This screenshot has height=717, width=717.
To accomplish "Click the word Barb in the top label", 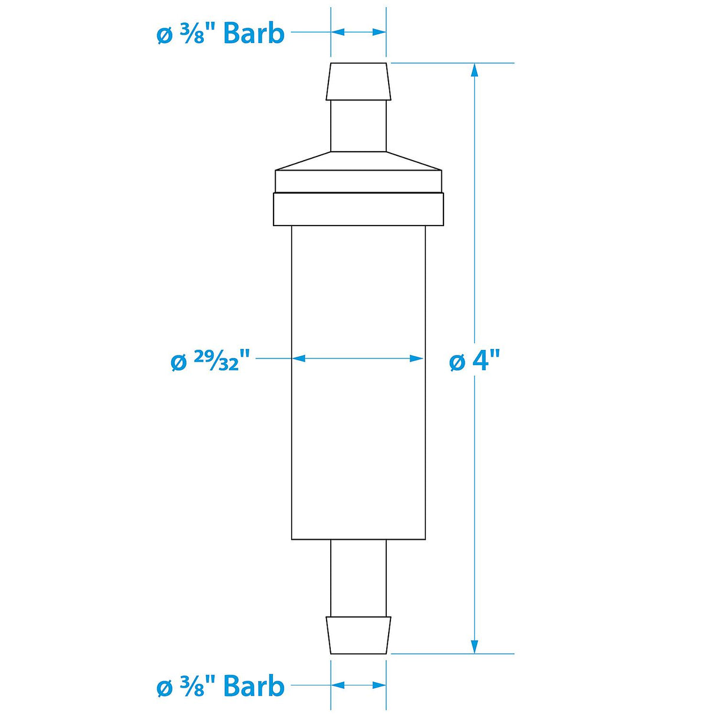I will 254,34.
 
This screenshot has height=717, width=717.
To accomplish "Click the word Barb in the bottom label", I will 254,686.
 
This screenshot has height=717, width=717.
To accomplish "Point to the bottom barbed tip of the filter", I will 358,635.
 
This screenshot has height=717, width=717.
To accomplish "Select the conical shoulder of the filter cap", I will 358,161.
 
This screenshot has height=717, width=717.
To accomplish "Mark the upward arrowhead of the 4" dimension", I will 474,70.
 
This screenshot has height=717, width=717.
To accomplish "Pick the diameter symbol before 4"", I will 457,361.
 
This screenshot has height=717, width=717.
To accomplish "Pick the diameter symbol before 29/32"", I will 178,362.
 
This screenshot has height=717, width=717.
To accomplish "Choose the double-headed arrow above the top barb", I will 358,32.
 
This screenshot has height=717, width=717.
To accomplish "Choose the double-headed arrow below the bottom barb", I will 358,685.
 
